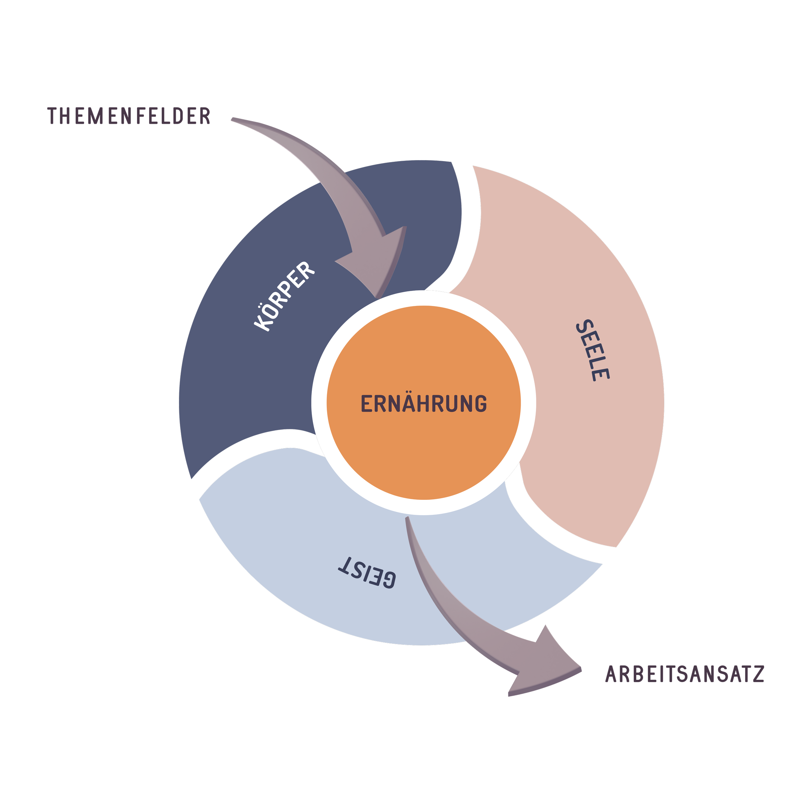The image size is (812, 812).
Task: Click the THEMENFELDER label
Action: (129, 116)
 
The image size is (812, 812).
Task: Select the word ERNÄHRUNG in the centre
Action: (424, 403)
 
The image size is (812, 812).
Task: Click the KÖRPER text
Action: (284, 296)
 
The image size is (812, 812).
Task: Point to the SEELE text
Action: (593, 350)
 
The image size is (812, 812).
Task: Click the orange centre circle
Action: (424, 454)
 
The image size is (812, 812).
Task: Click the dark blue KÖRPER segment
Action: (235, 378)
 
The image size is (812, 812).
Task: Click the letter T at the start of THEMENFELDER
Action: (53, 116)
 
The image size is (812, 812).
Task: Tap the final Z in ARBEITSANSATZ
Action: (758, 674)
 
